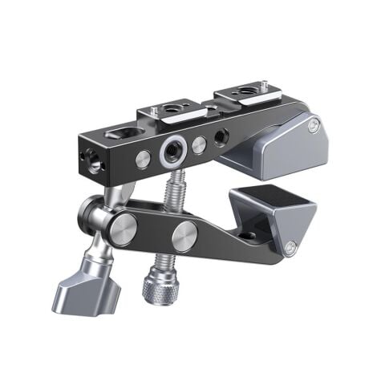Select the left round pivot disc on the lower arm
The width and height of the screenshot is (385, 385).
125,229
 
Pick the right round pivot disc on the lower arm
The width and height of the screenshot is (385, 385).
184,237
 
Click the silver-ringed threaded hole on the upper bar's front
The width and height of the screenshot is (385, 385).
170,150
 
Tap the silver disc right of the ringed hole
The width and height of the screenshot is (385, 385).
199,145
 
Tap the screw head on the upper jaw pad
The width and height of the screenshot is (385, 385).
314,125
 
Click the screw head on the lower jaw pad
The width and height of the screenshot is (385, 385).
290,248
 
